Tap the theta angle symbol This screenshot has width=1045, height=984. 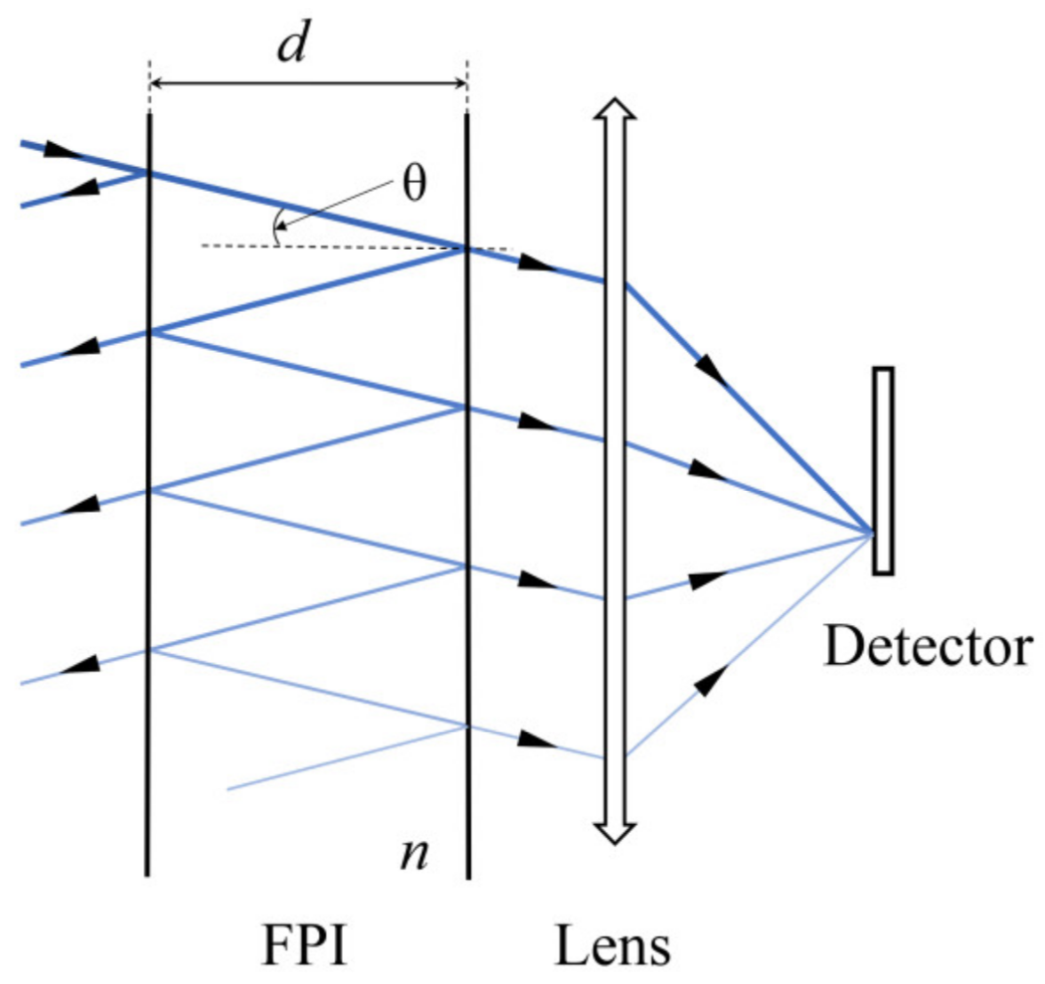click(x=414, y=183)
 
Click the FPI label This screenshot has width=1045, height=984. click(x=305, y=945)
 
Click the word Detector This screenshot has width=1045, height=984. click(x=928, y=646)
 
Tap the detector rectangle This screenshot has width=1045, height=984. click(x=882, y=470)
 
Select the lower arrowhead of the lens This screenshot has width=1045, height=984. click(x=614, y=832)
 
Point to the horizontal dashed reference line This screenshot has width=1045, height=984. click(x=355, y=246)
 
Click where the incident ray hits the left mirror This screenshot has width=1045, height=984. click(x=148, y=172)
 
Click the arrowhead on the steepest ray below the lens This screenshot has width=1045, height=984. click(x=707, y=681)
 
